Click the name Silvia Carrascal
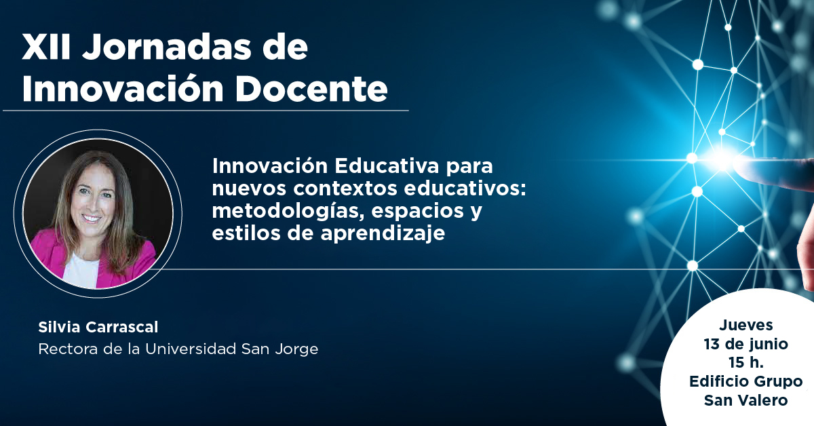(98, 328)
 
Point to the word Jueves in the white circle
(745, 326)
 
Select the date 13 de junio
(745, 344)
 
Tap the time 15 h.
(745, 362)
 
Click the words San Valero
(745, 400)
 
